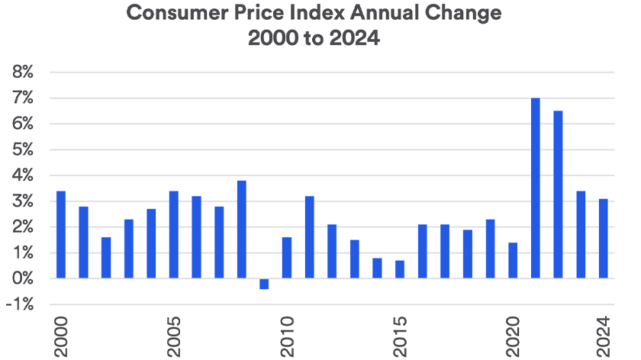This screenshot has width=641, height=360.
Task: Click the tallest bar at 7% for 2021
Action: point(535,188)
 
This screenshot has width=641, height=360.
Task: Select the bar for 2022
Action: point(558,194)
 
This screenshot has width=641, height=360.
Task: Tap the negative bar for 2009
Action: point(264,284)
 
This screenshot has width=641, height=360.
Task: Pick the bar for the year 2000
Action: point(61,235)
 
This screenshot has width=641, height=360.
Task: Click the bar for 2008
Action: point(241,230)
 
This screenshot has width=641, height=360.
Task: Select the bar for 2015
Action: point(400,269)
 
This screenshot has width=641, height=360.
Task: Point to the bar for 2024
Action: point(603,239)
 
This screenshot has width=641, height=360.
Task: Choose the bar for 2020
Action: point(513,260)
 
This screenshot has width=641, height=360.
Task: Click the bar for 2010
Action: point(287,258)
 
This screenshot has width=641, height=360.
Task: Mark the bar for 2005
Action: point(174,235)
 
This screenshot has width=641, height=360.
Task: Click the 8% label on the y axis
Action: point(21,72)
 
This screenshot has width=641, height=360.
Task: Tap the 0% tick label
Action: point(21,278)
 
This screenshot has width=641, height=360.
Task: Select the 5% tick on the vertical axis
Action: point(21,149)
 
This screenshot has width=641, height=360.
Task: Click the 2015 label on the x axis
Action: point(400,334)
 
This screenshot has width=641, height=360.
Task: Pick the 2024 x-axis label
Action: point(603,334)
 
